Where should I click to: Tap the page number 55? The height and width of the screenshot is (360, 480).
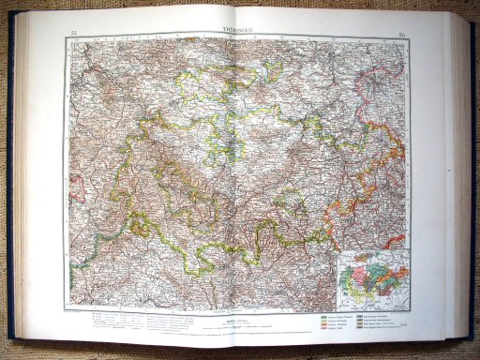[x=73, y=36]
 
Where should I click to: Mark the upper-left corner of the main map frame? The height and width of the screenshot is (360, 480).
[x=68, y=41]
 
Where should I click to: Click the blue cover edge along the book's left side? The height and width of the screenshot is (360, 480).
[x=11, y=187]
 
